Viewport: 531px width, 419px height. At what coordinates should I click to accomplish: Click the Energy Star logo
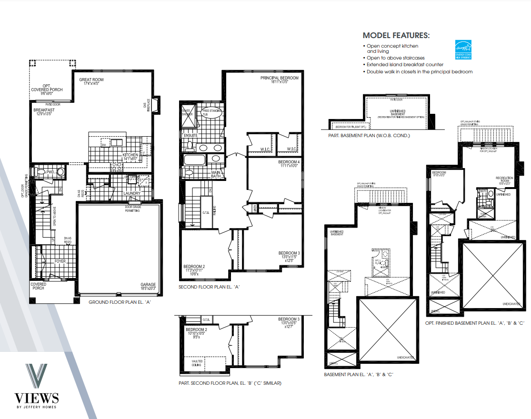tap(463, 49)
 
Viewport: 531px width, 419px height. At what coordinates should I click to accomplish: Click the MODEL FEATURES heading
tap(396, 36)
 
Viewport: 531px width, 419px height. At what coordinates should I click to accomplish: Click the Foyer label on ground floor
tap(60, 261)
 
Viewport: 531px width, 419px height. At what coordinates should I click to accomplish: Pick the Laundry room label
tap(132, 193)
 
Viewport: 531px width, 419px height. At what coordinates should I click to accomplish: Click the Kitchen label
tap(130, 155)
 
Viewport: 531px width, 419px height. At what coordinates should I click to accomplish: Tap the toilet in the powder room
tap(40, 172)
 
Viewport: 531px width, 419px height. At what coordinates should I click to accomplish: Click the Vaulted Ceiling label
tap(197, 363)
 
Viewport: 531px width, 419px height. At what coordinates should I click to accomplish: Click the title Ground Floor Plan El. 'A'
tap(120, 302)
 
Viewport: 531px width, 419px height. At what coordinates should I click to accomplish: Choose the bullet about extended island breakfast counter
tap(405, 64)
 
